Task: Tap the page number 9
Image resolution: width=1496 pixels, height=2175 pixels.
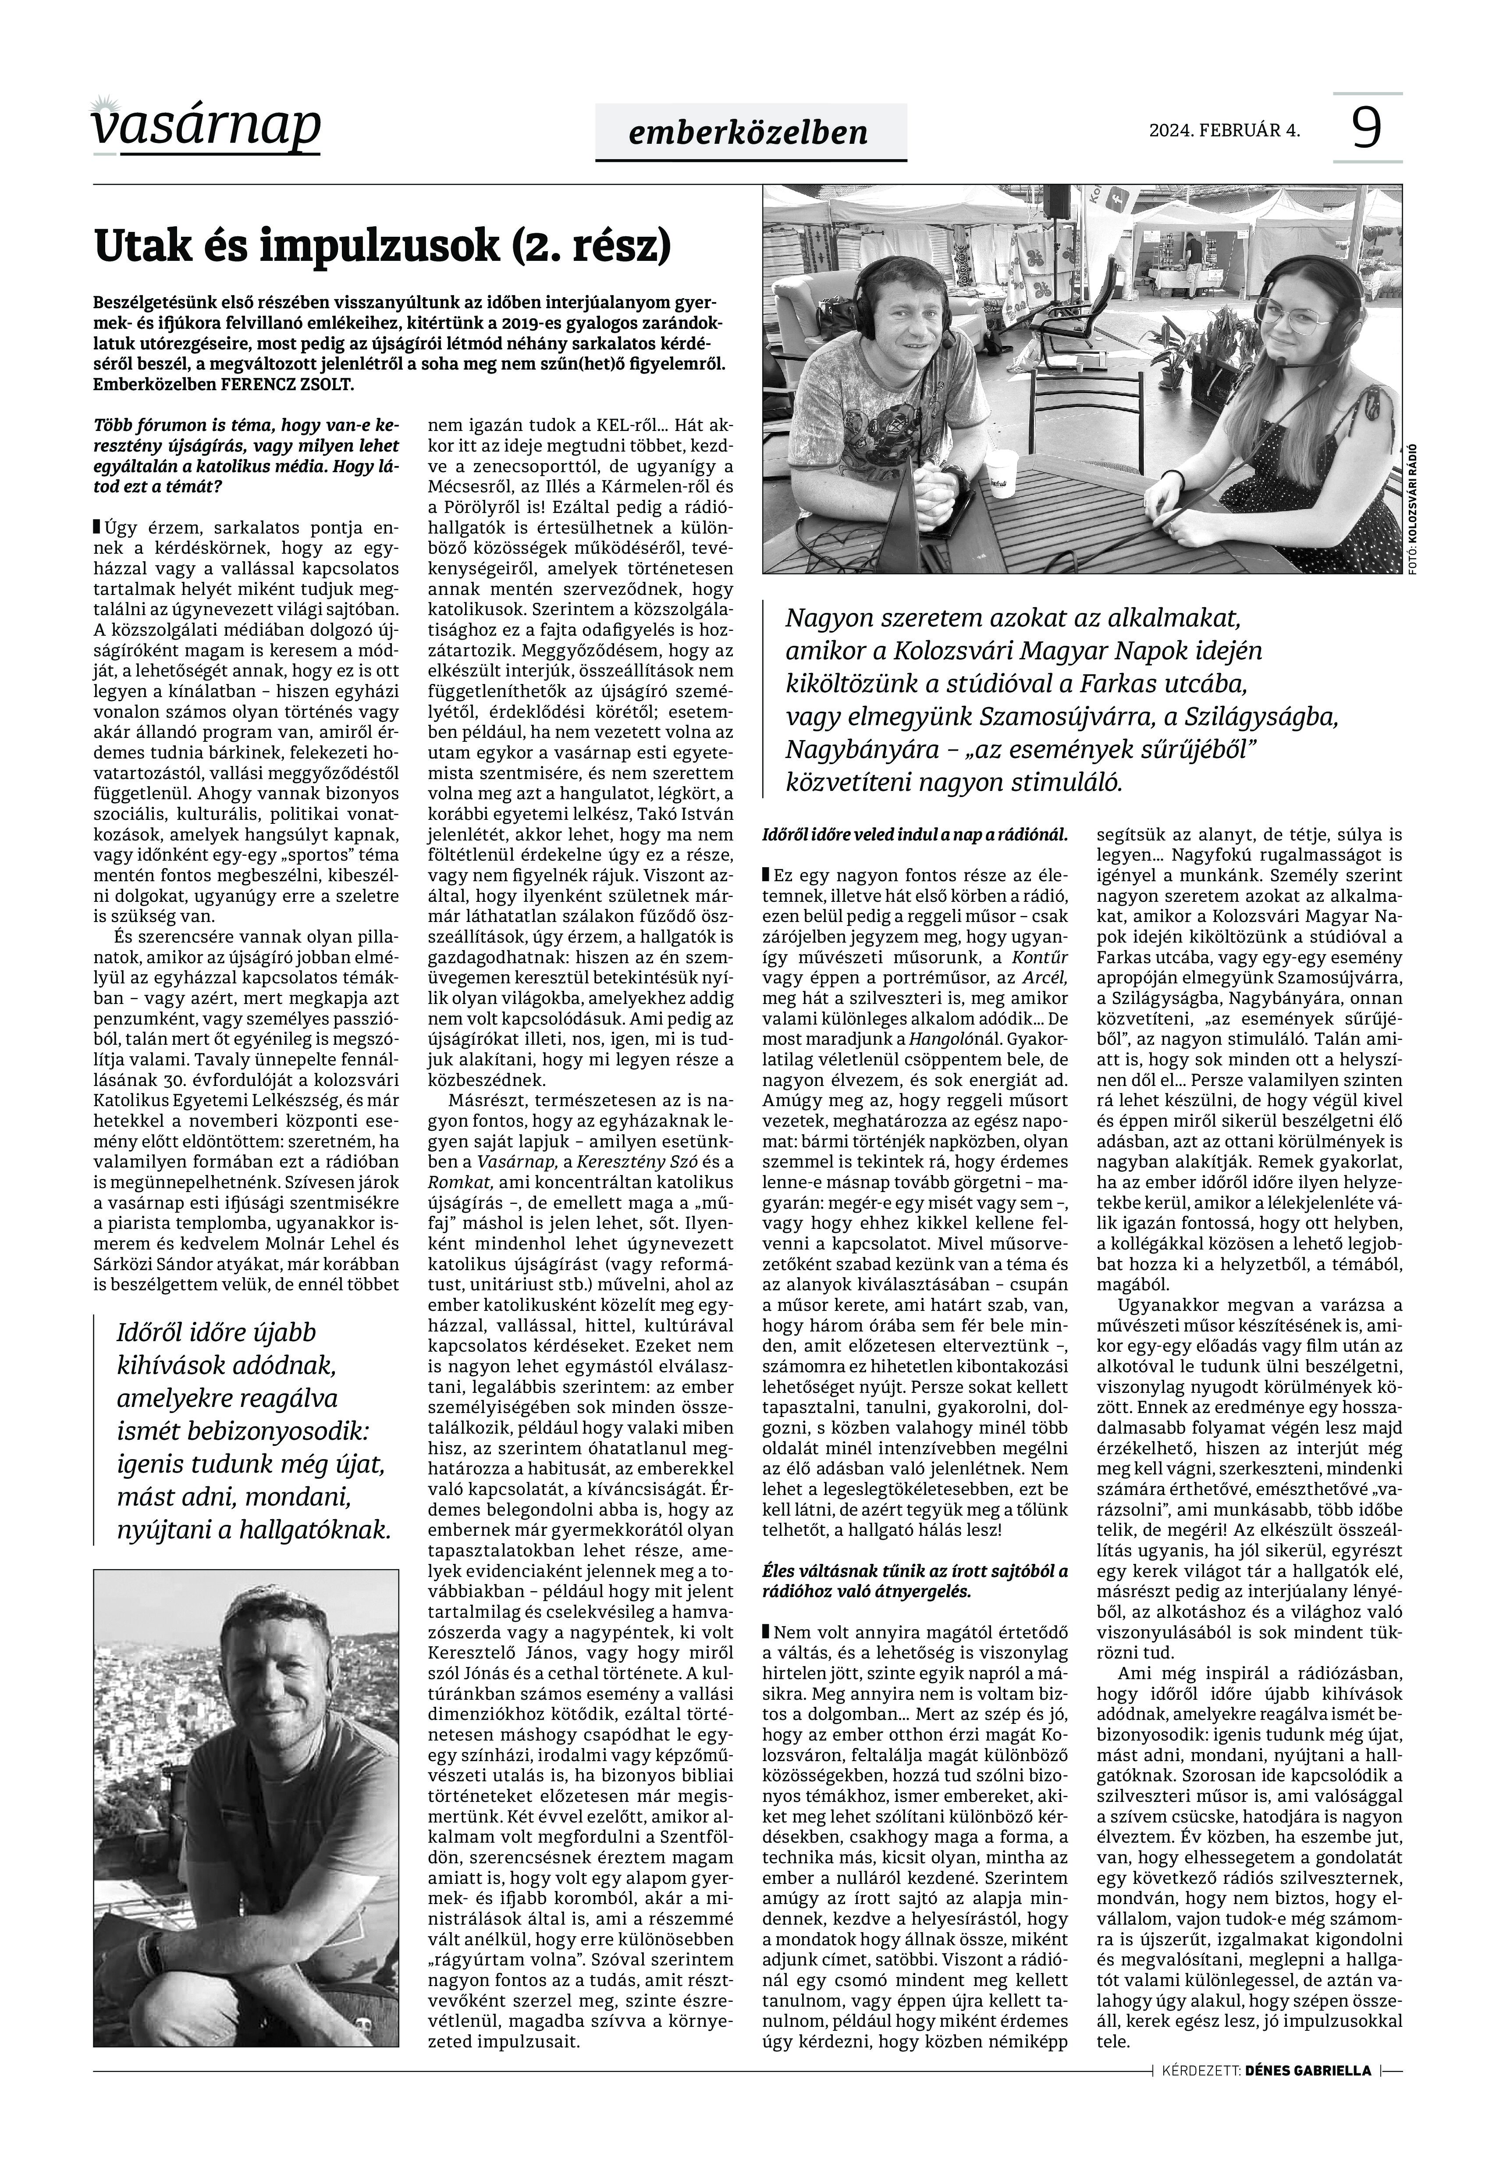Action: tap(1368, 128)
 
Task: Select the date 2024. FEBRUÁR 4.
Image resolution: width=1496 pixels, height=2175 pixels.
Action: tap(1224, 130)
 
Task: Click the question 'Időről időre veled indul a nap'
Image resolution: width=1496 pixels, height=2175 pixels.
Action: tap(916, 833)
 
